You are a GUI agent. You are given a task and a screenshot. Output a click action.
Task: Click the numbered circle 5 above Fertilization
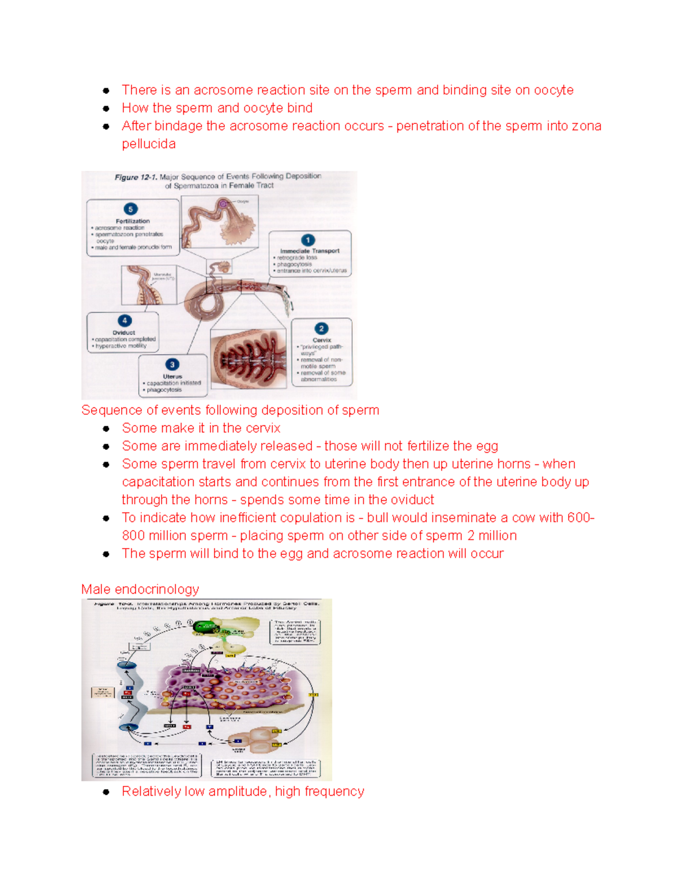point(130,209)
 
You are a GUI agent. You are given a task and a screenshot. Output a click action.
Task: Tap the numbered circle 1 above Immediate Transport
point(308,240)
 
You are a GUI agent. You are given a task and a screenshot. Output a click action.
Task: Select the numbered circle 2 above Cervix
point(321,329)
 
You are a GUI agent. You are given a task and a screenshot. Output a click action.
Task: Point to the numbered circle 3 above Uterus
point(172,365)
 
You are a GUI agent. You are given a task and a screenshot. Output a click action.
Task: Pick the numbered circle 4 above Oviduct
point(125,321)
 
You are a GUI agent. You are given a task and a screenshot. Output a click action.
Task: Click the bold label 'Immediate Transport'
point(310,251)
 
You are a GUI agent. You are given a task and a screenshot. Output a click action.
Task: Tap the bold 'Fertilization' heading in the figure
point(133,221)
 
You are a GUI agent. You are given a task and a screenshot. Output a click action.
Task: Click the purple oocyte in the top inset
point(223,204)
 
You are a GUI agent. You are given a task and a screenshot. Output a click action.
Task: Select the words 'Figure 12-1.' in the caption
point(136,177)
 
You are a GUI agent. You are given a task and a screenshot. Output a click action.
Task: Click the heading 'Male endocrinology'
point(140,589)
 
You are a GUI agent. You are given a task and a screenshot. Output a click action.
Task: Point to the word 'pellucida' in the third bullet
point(149,144)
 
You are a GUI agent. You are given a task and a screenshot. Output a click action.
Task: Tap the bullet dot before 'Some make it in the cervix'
point(106,429)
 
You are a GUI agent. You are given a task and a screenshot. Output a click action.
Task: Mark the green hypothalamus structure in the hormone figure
point(205,627)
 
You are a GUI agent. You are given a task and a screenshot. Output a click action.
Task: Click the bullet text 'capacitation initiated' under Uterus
point(174,383)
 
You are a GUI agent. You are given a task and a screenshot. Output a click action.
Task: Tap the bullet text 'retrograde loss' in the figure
point(297,258)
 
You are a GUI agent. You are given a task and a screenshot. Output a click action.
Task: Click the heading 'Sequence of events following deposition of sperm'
point(230,410)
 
